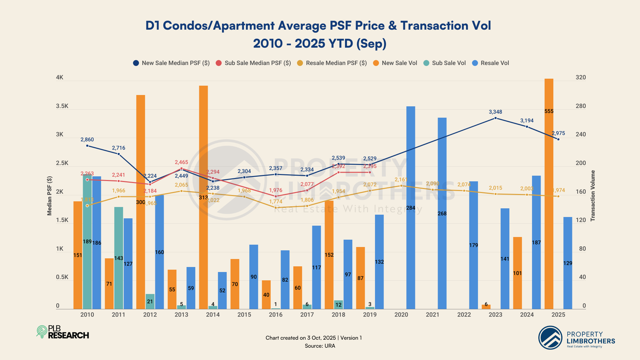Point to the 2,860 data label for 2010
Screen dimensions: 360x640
pos(87,140)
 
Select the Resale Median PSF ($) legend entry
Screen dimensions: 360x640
pos(332,63)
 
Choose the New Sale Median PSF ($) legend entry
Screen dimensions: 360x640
pos(171,63)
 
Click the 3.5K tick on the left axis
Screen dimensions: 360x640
pos(62,106)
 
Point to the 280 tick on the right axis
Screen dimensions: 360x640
pos(581,106)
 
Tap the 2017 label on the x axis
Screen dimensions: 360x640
pos(307,315)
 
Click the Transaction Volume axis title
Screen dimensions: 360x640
pos(593,196)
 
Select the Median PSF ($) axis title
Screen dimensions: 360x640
pos(50,196)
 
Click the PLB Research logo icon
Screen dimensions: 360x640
pos(42,332)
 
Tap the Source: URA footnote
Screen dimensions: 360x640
pos(320,346)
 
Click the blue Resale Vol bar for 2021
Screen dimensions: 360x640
pos(442,213)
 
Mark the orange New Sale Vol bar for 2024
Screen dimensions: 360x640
pos(517,273)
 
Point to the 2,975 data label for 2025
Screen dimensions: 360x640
pos(558,133)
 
